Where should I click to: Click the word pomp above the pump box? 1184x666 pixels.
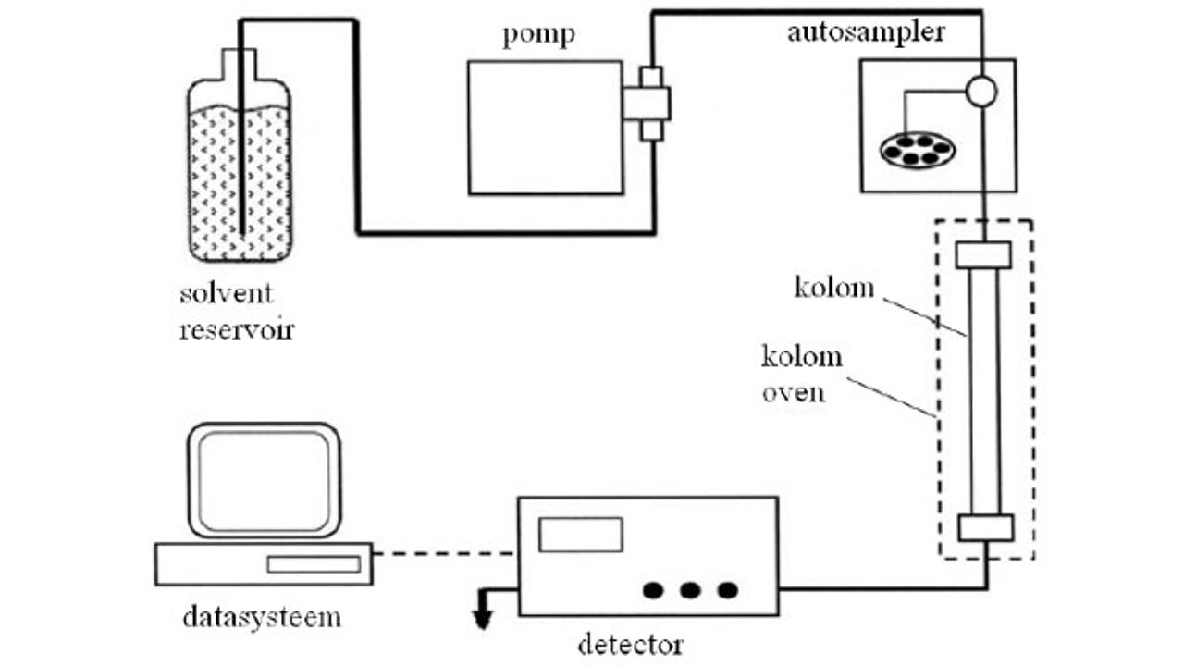[x=538, y=36]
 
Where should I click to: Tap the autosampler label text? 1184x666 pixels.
[x=866, y=33]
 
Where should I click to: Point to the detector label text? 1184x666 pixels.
[x=630, y=643]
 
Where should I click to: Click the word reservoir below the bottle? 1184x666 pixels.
[x=236, y=329]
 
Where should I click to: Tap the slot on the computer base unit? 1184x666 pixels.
[x=314, y=564]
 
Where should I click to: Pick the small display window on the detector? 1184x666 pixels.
[x=581, y=535]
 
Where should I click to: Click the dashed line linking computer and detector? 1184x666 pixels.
[x=445, y=554]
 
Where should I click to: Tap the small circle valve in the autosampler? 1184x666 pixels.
[x=980, y=91]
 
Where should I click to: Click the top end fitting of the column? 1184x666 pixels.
[x=983, y=253]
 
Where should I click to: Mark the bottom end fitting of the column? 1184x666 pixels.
[x=985, y=527]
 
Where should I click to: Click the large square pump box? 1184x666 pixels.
[x=545, y=127]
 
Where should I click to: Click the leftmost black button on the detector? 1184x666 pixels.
[x=654, y=589]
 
